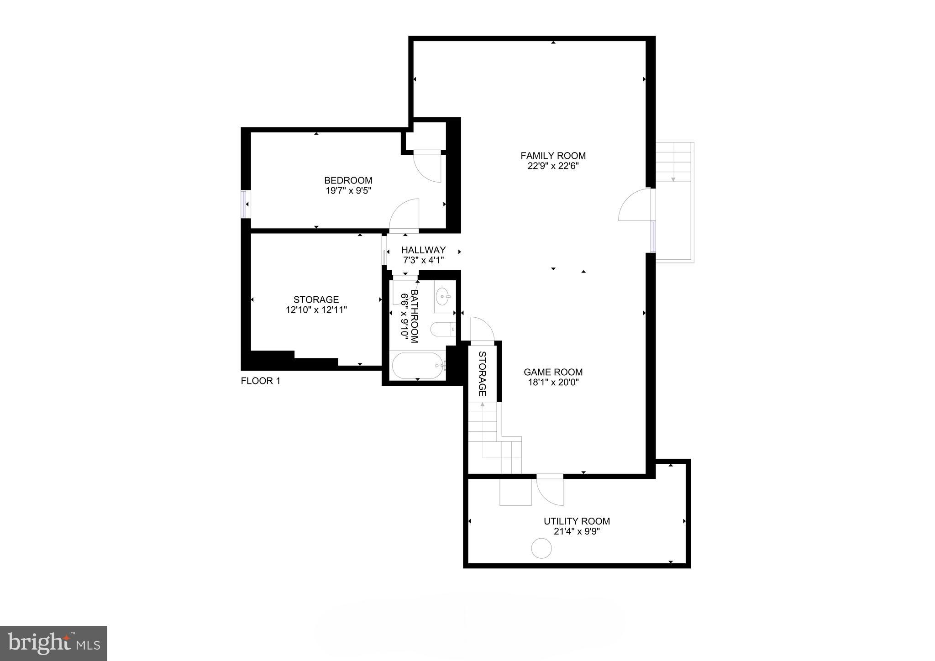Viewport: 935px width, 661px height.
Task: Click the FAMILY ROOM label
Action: [553, 156]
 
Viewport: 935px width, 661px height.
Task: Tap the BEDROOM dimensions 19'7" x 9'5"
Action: [348, 191]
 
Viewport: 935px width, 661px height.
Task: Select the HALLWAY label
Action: [423, 250]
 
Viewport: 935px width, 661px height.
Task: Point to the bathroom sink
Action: [442, 297]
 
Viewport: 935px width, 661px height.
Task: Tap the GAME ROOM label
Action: [553, 372]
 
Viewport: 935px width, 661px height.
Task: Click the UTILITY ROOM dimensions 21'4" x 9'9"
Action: [577, 531]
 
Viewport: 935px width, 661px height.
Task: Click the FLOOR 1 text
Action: [260, 381]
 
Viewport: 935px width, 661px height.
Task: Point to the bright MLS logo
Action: [53, 643]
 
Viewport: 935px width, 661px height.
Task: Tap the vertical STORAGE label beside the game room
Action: [482, 373]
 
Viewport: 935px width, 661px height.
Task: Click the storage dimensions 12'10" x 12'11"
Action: [316, 310]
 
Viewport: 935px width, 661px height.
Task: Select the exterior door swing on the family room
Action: [635, 205]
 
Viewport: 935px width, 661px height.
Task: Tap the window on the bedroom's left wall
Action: [245, 204]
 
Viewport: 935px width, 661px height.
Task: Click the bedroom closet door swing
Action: [428, 168]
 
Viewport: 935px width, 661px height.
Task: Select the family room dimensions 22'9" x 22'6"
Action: [553, 166]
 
